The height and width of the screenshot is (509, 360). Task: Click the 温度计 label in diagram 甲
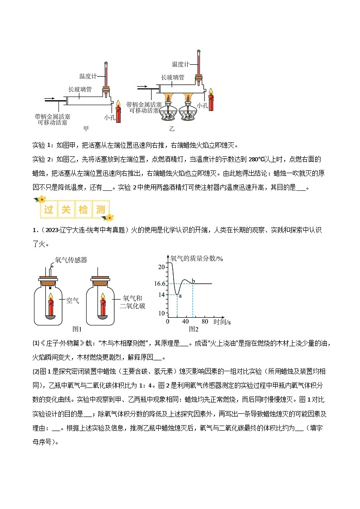[x=88, y=76]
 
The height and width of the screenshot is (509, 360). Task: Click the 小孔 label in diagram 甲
[x=109, y=117]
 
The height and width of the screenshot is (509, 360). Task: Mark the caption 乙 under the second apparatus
[x=172, y=129]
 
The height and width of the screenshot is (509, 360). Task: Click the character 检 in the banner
[x=86, y=210]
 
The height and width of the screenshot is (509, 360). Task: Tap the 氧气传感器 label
[x=71, y=260]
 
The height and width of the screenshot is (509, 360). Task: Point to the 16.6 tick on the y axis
[x=160, y=284]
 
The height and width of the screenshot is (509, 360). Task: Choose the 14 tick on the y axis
[x=161, y=295]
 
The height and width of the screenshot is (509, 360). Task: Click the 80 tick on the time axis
[x=204, y=321]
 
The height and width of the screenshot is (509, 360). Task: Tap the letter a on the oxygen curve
[x=180, y=296]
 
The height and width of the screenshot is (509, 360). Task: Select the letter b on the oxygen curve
[x=193, y=281]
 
